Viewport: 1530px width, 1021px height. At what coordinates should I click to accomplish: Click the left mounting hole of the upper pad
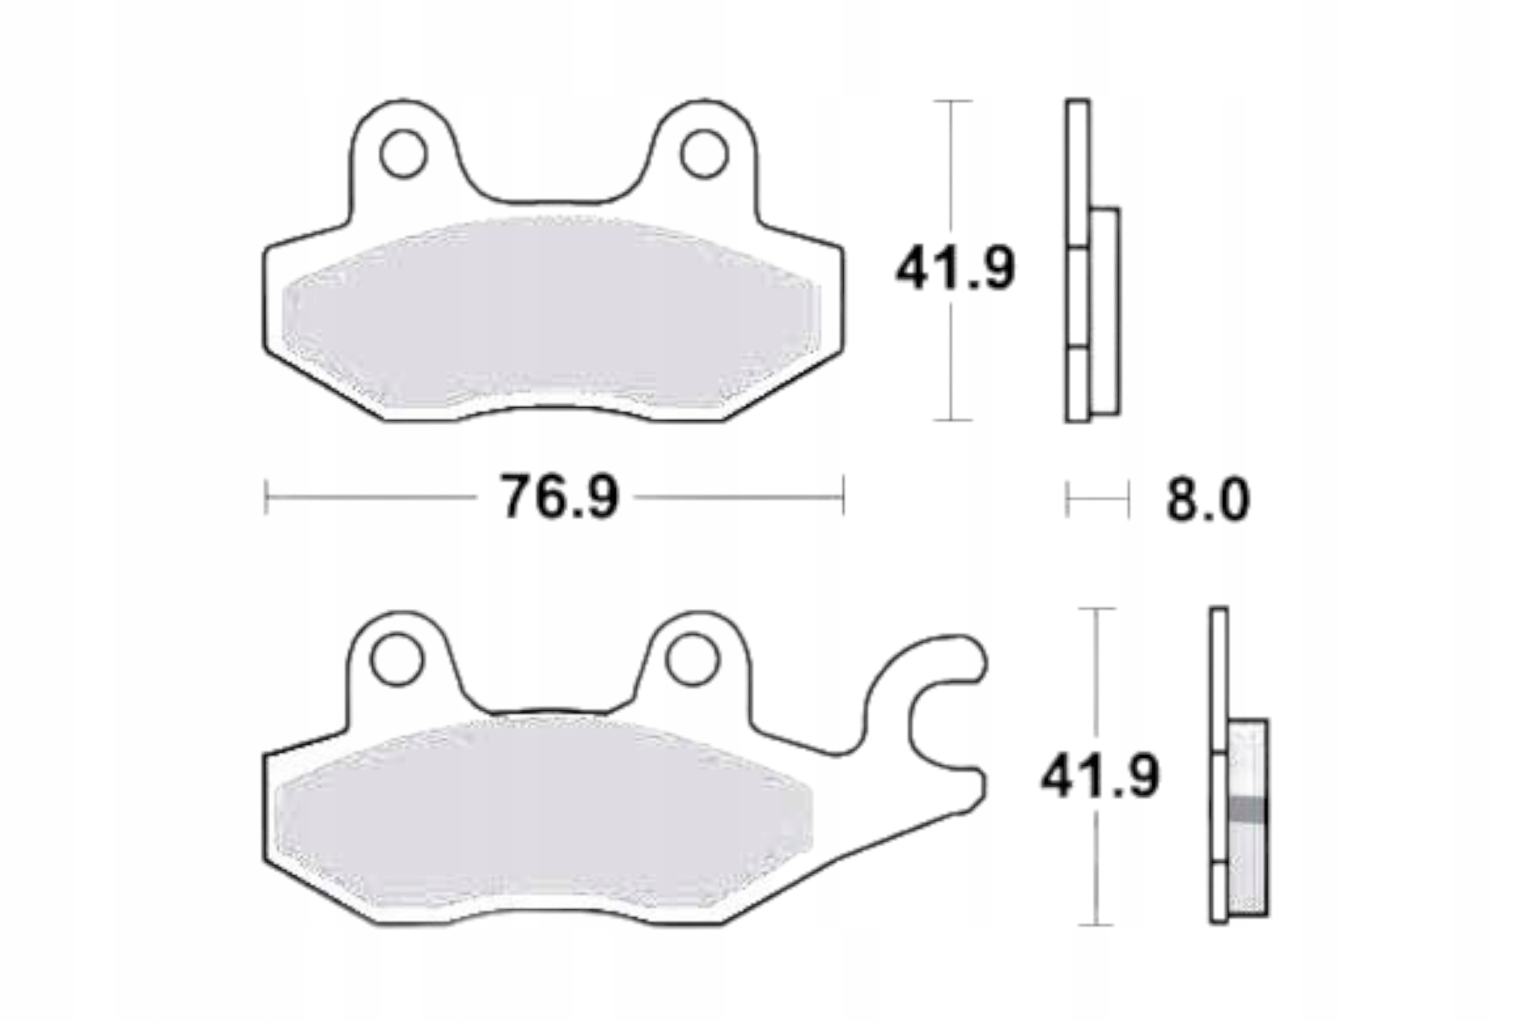click(x=403, y=154)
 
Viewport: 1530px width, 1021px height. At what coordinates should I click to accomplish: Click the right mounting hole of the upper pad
click(x=703, y=154)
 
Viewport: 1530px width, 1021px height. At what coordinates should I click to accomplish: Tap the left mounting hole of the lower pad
click(x=396, y=659)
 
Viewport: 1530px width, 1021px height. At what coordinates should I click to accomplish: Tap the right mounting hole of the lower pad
click(x=691, y=659)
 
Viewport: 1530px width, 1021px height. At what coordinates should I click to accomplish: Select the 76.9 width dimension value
click(x=558, y=498)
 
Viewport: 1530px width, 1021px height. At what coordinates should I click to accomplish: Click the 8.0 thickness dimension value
click(x=1208, y=500)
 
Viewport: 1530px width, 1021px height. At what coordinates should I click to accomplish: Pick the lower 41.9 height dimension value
click(x=1100, y=776)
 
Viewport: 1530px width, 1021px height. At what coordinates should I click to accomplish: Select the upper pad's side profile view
click(x=1092, y=260)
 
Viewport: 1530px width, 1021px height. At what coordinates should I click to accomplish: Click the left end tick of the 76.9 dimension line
click(x=267, y=498)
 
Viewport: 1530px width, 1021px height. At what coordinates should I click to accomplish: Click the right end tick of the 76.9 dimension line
click(x=843, y=498)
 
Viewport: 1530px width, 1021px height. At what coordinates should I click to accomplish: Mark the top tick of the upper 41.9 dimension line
click(x=952, y=102)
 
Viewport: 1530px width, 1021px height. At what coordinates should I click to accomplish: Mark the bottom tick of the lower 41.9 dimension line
click(x=1097, y=924)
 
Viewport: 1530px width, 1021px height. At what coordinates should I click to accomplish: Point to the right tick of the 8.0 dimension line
click(x=1128, y=499)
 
